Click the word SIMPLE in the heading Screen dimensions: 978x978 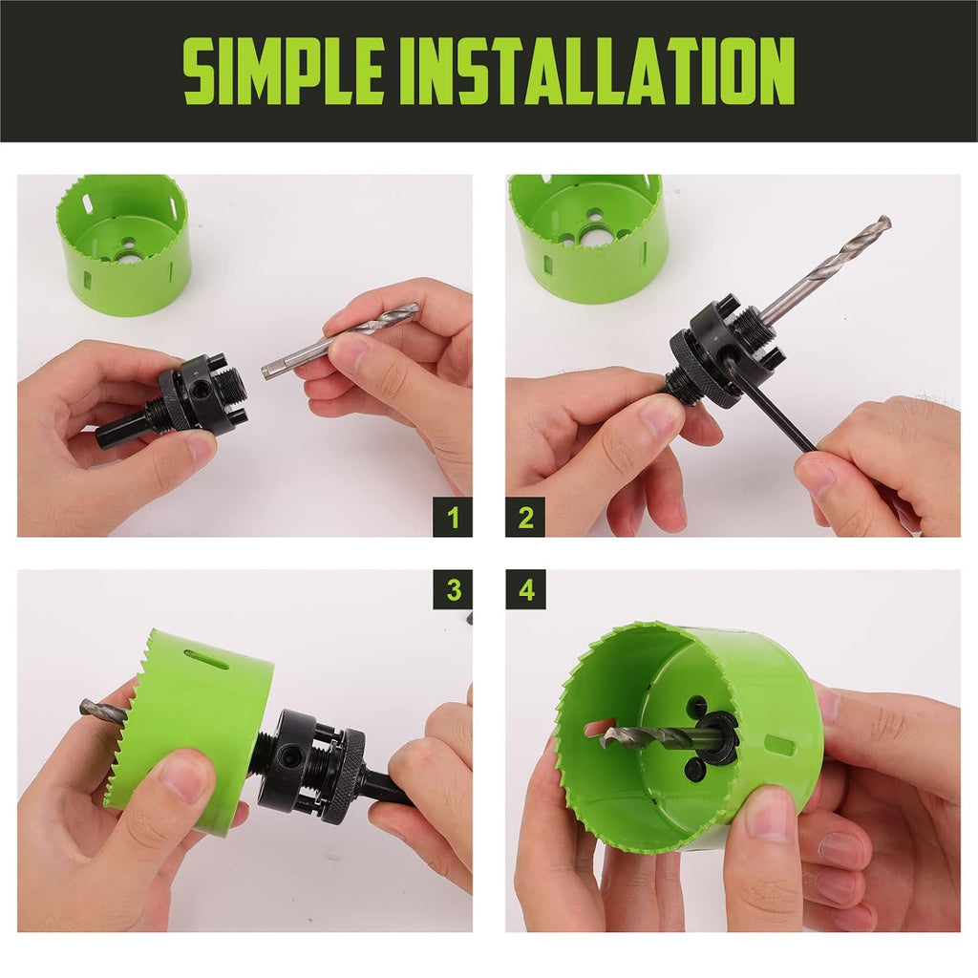click(x=283, y=70)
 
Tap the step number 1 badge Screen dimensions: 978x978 click(x=453, y=517)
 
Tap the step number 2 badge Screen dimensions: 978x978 click(x=525, y=517)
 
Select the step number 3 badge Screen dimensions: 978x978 click(x=453, y=589)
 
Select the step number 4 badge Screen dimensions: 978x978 click(x=525, y=589)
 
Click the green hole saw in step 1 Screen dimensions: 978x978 click(x=123, y=244)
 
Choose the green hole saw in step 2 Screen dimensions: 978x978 click(x=587, y=237)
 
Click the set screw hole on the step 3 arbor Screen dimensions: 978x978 click(x=290, y=756)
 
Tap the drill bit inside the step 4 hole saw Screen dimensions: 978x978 click(x=655, y=737)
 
